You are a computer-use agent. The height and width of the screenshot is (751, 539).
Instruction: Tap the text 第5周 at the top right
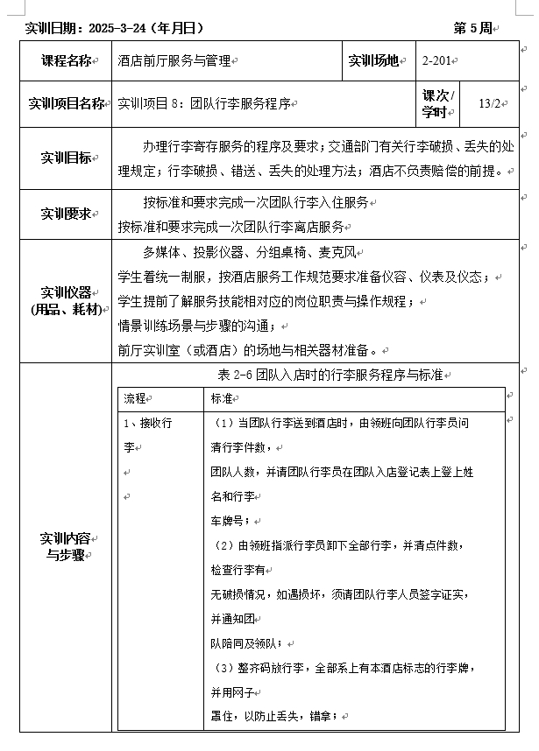coord(473,28)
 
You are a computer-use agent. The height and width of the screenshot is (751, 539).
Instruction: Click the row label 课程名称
coord(67,60)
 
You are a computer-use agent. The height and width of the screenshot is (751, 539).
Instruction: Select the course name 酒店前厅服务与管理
coord(174,60)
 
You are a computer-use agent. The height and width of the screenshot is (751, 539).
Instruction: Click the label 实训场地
coord(374,60)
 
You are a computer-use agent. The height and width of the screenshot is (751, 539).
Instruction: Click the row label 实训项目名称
coord(67,104)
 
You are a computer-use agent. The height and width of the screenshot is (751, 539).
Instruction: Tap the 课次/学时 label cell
coord(437,104)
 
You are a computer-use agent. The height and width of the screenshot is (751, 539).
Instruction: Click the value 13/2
coord(489,104)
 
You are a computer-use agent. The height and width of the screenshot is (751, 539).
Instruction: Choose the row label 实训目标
coord(67,158)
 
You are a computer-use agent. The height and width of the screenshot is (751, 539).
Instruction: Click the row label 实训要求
coord(67,214)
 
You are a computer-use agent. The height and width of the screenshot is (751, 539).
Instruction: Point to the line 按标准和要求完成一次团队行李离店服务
coord(231,227)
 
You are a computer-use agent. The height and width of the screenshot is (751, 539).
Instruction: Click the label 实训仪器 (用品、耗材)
coord(67,300)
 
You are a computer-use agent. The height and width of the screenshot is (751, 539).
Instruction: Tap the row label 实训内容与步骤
coord(67,546)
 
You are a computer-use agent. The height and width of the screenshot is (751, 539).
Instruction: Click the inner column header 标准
coord(221,398)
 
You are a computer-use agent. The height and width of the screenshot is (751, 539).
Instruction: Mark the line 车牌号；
coord(230,520)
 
